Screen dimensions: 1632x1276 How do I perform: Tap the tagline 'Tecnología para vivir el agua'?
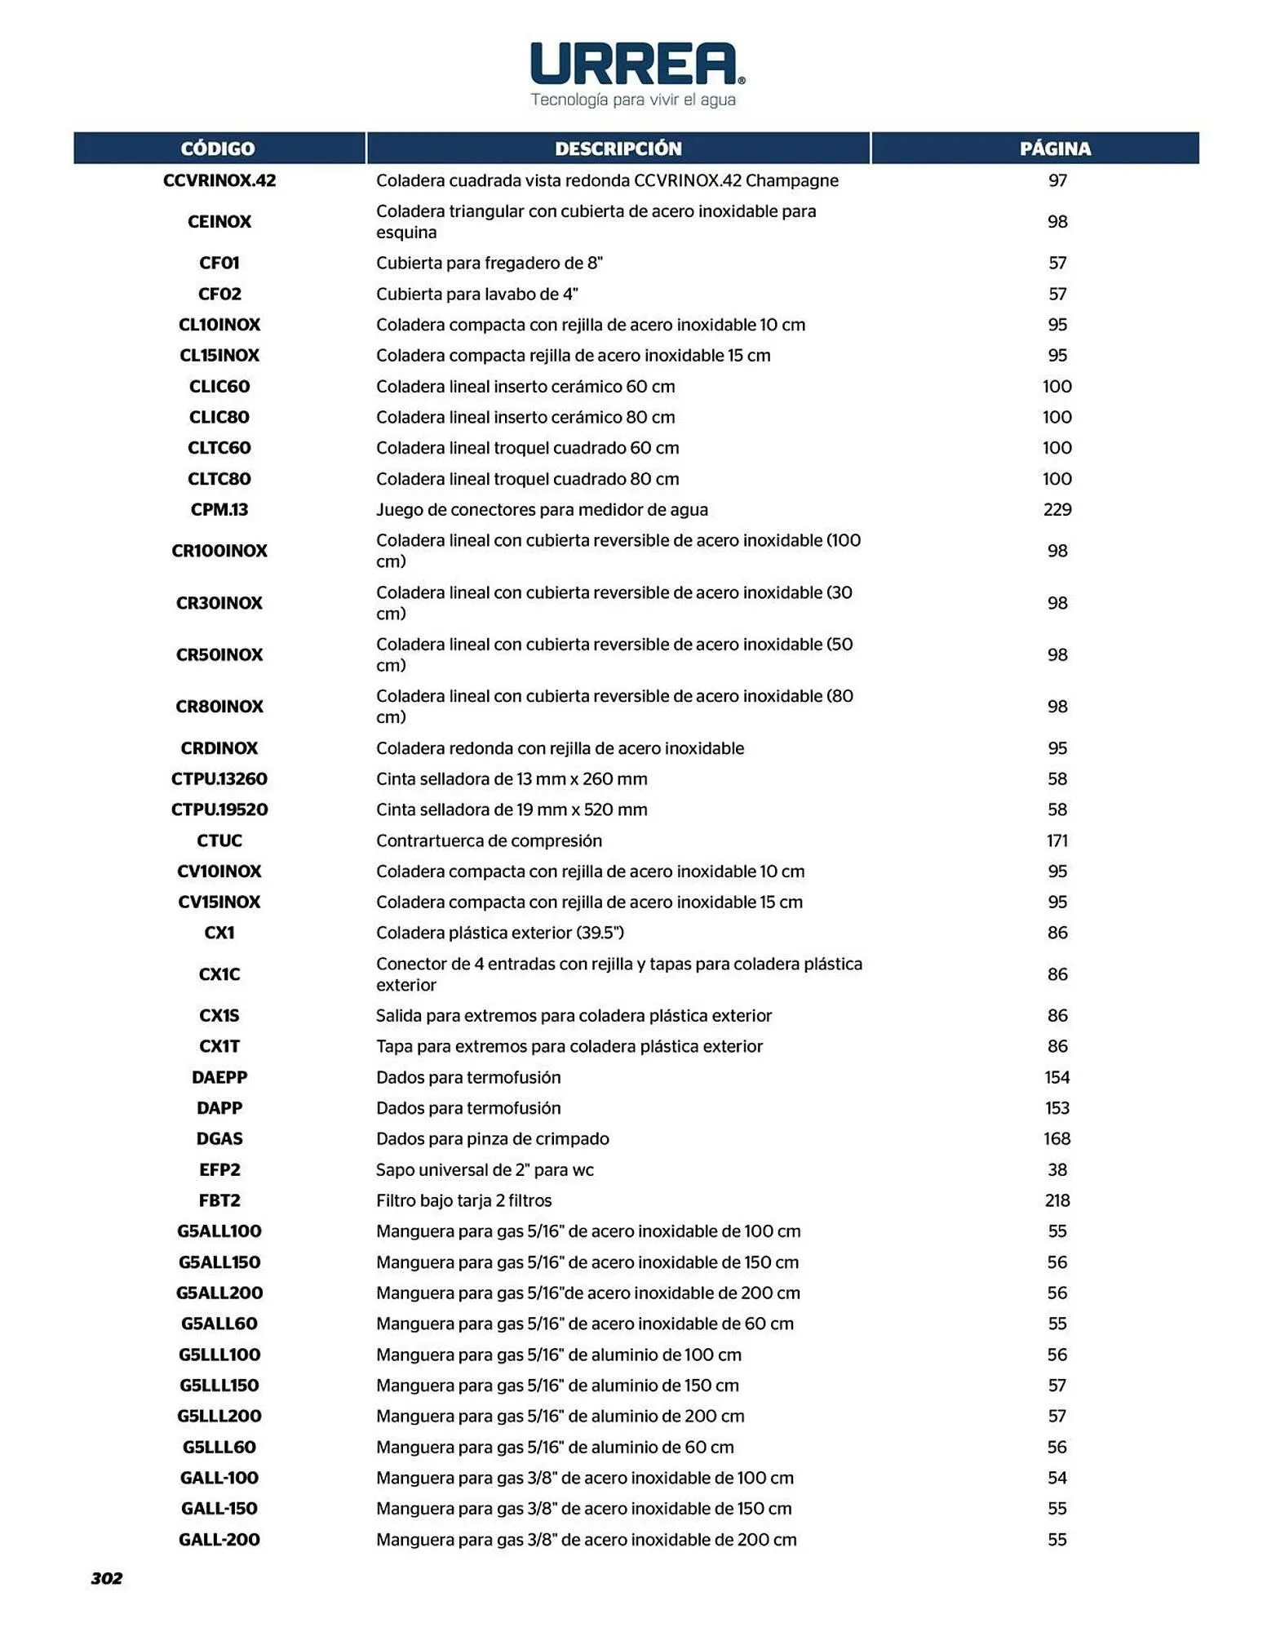click(633, 100)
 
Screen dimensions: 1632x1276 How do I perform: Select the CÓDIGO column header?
click(218, 149)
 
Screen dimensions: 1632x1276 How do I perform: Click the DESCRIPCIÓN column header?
click(618, 149)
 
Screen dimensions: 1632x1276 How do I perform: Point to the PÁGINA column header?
click(1055, 149)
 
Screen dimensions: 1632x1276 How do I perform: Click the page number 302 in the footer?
click(107, 1578)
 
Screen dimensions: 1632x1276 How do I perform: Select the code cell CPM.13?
click(219, 510)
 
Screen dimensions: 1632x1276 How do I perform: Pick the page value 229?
click(1057, 510)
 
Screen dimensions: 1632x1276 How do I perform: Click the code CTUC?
click(219, 840)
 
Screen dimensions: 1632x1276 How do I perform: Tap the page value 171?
click(1057, 840)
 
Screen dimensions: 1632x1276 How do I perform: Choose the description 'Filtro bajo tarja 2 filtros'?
click(463, 1200)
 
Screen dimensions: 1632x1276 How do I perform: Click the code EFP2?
click(219, 1169)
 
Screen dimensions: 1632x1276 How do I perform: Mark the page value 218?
click(1057, 1200)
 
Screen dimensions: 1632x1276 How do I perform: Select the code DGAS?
click(219, 1138)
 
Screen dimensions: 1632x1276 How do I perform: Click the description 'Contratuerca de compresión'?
click(489, 840)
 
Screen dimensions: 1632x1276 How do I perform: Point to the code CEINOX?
click(219, 222)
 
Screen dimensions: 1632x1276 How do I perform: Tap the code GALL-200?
click(219, 1540)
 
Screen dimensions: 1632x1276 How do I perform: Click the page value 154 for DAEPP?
click(1057, 1077)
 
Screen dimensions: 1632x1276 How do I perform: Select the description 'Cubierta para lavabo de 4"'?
click(476, 294)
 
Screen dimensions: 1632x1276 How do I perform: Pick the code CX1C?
click(219, 974)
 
